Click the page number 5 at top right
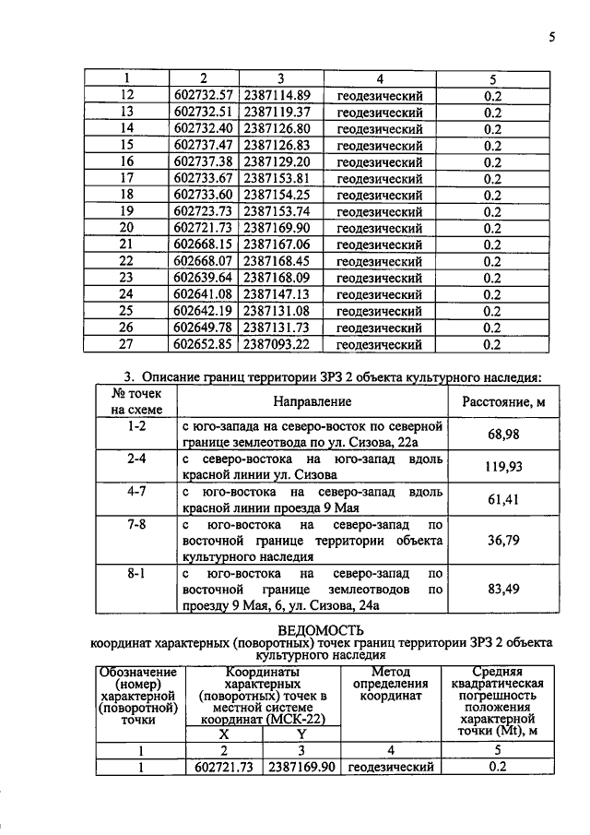(x=551, y=37)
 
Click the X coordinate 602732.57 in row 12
(x=206, y=95)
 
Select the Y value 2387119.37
(x=277, y=112)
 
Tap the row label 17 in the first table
(x=127, y=178)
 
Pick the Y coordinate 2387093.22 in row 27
(x=277, y=344)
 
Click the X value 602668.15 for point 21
(x=206, y=245)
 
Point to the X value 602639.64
(x=206, y=278)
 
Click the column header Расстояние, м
(x=499, y=402)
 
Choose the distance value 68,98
(x=498, y=434)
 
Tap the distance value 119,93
(x=498, y=467)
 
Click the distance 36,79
(x=498, y=542)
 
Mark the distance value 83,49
(x=498, y=590)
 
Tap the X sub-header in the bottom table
(x=223, y=734)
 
